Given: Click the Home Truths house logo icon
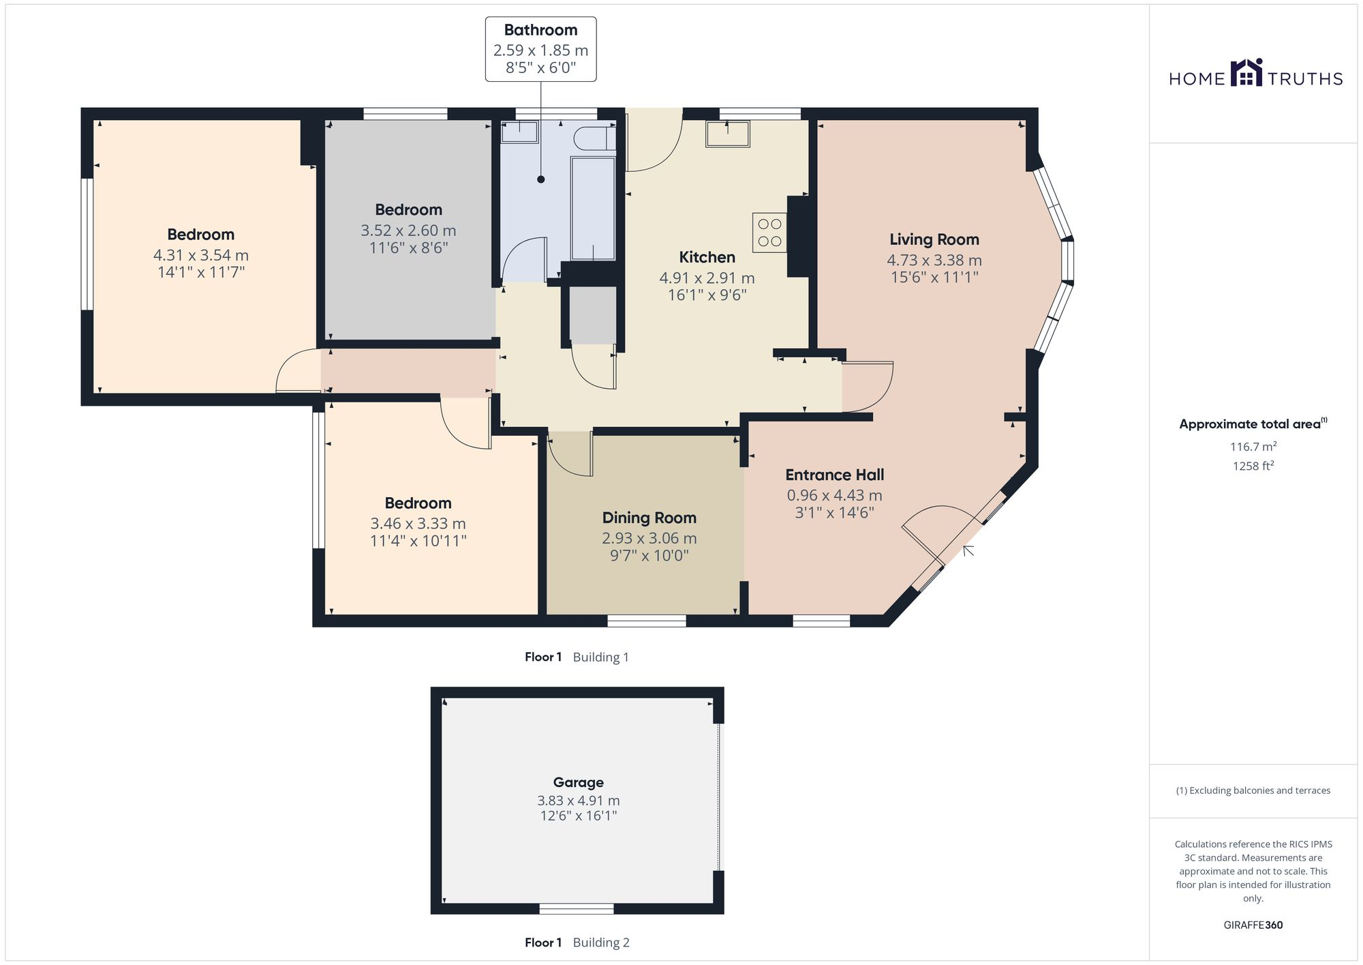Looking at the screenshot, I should (x=1246, y=73).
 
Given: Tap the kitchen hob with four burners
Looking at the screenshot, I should (x=769, y=233).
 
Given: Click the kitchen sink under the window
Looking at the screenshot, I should (x=727, y=134).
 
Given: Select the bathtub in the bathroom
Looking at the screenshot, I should (x=593, y=208).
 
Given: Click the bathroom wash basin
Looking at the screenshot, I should (x=519, y=132).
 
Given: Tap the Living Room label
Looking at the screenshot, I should (x=934, y=239).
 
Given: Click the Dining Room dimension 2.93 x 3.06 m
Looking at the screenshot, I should (x=649, y=538).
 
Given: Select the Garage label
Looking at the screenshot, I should (x=578, y=782).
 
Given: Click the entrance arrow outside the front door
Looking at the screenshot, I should (x=968, y=550).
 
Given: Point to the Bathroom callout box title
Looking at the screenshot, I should (x=540, y=30).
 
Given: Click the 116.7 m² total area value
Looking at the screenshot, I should (x=1253, y=447).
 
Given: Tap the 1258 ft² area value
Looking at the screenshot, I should (x=1253, y=466).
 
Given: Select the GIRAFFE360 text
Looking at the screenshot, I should (x=1253, y=925).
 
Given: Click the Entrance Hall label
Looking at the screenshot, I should (x=834, y=475).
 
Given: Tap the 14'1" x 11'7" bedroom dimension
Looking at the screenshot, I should (x=200, y=272).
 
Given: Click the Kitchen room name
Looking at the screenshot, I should (x=707, y=257).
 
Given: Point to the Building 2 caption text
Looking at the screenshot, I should (x=600, y=942).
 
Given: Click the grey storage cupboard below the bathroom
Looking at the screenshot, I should (x=592, y=315).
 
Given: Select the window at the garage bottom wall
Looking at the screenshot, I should (x=576, y=908).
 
